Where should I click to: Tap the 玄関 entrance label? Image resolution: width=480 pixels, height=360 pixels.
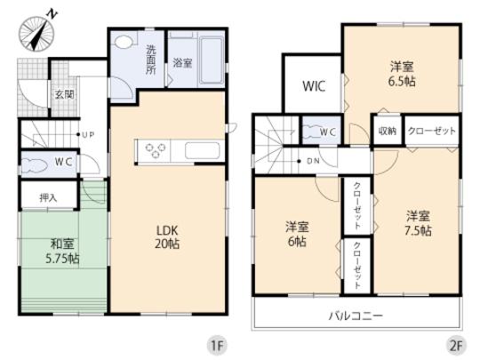coord(62,93)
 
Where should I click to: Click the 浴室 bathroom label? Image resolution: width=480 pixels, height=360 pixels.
coord(182,63)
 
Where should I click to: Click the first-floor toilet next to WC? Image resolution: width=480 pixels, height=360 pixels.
coord(37,164)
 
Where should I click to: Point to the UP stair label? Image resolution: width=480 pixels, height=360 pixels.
coord(89,136)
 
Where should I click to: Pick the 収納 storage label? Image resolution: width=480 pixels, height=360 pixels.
coord(387,131)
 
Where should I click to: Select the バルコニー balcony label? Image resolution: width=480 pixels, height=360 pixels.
coord(355,316)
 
